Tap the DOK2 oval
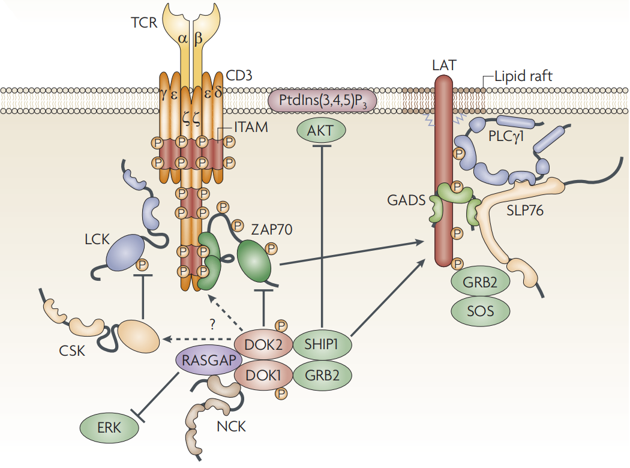(x=262, y=344)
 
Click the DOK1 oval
(x=262, y=374)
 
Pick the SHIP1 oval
(x=322, y=344)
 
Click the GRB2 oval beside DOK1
(x=322, y=374)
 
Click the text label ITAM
(x=251, y=127)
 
